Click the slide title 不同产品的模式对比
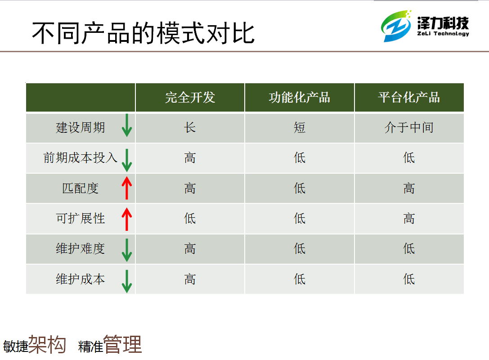[x=143, y=33]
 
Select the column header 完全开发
[x=190, y=97]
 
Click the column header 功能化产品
[x=300, y=97]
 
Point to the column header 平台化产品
[x=409, y=97]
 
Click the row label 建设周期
[x=81, y=128]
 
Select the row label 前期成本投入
[x=81, y=157]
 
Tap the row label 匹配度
[x=81, y=188]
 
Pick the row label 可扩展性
[x=81, y=218]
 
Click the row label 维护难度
[x=81, y=249]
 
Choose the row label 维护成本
[x=81, y=279]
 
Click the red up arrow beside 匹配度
[x=126, y=188]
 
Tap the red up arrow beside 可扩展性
[x=126, y=219]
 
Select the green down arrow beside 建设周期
[x=126, y=126]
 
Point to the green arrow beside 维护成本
[x=126, y=281]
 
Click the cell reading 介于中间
[x=409, y=128]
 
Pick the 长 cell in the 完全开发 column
[x=190, y=128]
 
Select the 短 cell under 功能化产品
[x=300, y=128]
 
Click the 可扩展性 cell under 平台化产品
[x=409, y=218]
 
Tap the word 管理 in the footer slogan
[x=122, y=344]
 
